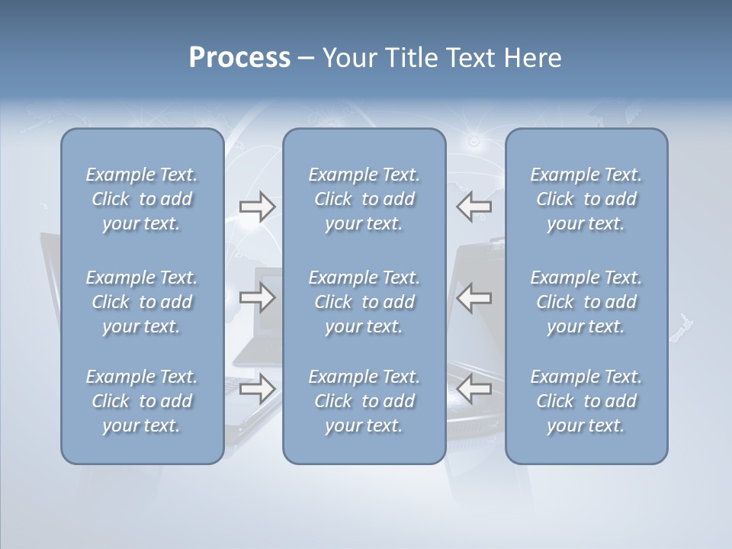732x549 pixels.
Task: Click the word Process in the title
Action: click(x=239, y=58)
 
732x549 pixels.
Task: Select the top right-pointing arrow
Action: click(x=257, y=207)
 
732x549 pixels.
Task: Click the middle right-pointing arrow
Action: click(x=257, y=297)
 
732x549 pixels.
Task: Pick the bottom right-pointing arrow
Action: click(x=257, y=389)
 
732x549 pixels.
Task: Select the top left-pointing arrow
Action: click(x=474, y=207)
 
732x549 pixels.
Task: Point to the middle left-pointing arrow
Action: click(x=474, y=297)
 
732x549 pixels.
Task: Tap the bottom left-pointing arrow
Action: click(x=474, y=389)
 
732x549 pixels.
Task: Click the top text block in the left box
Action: click(x=142, y=199)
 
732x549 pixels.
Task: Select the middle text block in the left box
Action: click(x=142, y=302)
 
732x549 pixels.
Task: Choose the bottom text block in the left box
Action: click(x=142, y=401)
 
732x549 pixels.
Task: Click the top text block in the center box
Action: click(x=364, y=199)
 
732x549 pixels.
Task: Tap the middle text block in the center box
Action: click(x=364, y=302)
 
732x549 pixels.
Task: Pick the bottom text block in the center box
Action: click(x=364, y=401)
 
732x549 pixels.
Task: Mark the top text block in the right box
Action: click(x=586, y=199)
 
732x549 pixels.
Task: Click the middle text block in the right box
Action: click(x=586, y=302)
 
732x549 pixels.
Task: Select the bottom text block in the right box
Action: click(x=586, y=401)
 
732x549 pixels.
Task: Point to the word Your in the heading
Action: click(x=347, y=58)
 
